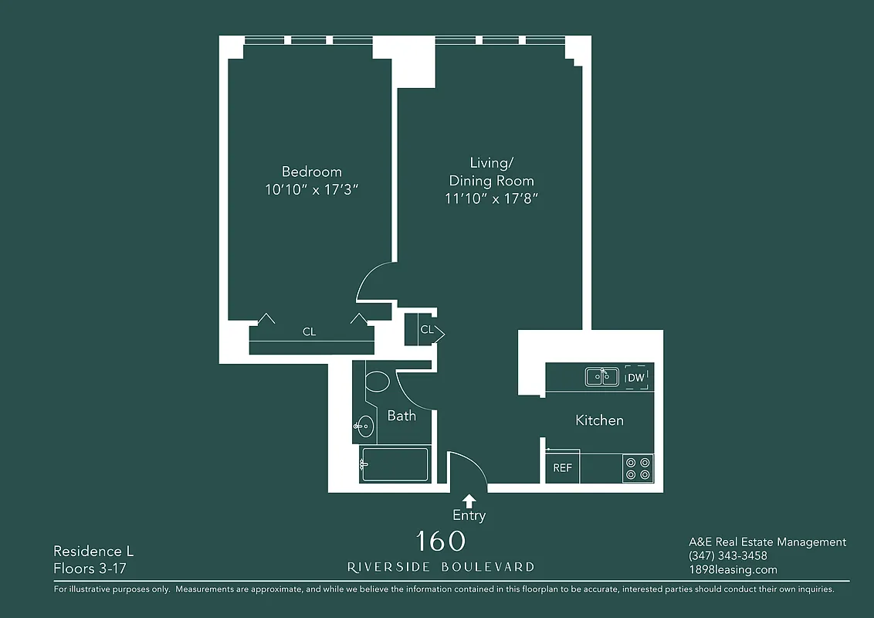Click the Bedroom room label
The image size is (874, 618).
tap(311, 171)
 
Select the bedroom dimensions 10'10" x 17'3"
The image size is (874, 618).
tap(311, 190)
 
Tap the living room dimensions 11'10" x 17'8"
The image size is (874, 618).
tap(491, 199)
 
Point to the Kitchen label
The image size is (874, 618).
tap(599, 420)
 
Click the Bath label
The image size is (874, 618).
tap(401, 416)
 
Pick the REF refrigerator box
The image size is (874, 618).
tap(562, 468)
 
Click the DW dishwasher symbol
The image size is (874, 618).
tap(635, 377)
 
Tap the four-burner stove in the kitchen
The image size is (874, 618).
tap(638, 468)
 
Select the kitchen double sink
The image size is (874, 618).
tap(601, 376)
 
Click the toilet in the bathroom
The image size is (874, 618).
tap(377, 382)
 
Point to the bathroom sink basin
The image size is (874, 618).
tap(365, 426)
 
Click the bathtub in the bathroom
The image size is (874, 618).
tap(395, 464)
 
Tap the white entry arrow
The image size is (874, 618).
tap(469, 501)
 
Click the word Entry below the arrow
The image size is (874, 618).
tap(469, 515)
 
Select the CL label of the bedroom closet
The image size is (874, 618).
tap(309, 332)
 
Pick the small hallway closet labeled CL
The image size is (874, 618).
tap(425, 330)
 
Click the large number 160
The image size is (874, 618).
tap(440, 541)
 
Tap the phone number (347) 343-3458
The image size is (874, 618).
tap(727, 556)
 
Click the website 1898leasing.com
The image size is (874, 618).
tap(733, 570)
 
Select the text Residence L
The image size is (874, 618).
tap(93, 552)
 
